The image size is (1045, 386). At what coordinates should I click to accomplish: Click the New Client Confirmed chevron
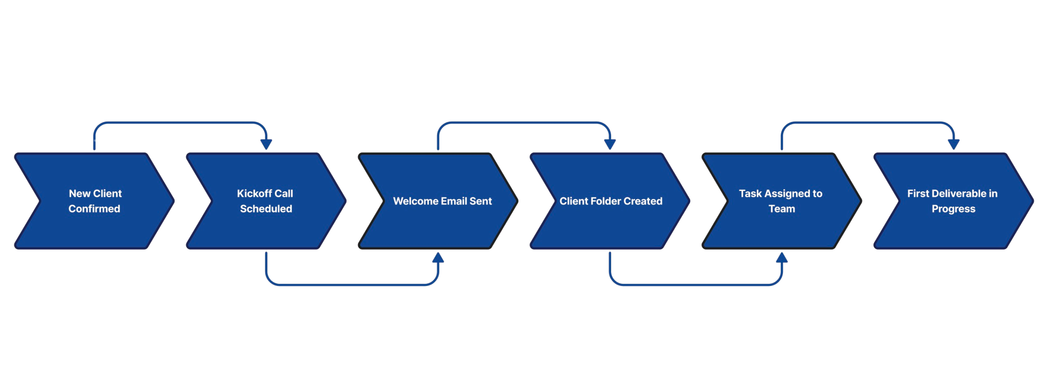(x=94, y=225)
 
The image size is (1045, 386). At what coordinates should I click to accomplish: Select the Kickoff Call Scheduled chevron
(x=266, y=225)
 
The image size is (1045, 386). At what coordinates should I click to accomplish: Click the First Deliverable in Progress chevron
(x=953, y=225)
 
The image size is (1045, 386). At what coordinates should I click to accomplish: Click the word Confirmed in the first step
(x=94, y=209)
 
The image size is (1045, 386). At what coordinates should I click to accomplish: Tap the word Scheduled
(x=266, y=209)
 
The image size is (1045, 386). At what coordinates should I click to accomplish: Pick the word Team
(x=782, y=209)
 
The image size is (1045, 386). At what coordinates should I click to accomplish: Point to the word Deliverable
(x=958, y=194)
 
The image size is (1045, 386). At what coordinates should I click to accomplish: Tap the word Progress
(x=953, y=209)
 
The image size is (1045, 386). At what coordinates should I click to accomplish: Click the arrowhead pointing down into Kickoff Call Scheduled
(x=266, y=144)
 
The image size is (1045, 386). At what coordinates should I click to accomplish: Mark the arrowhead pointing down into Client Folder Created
(x=610, y=144)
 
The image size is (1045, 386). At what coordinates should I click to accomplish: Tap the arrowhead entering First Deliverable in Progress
(x=953, y=145)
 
